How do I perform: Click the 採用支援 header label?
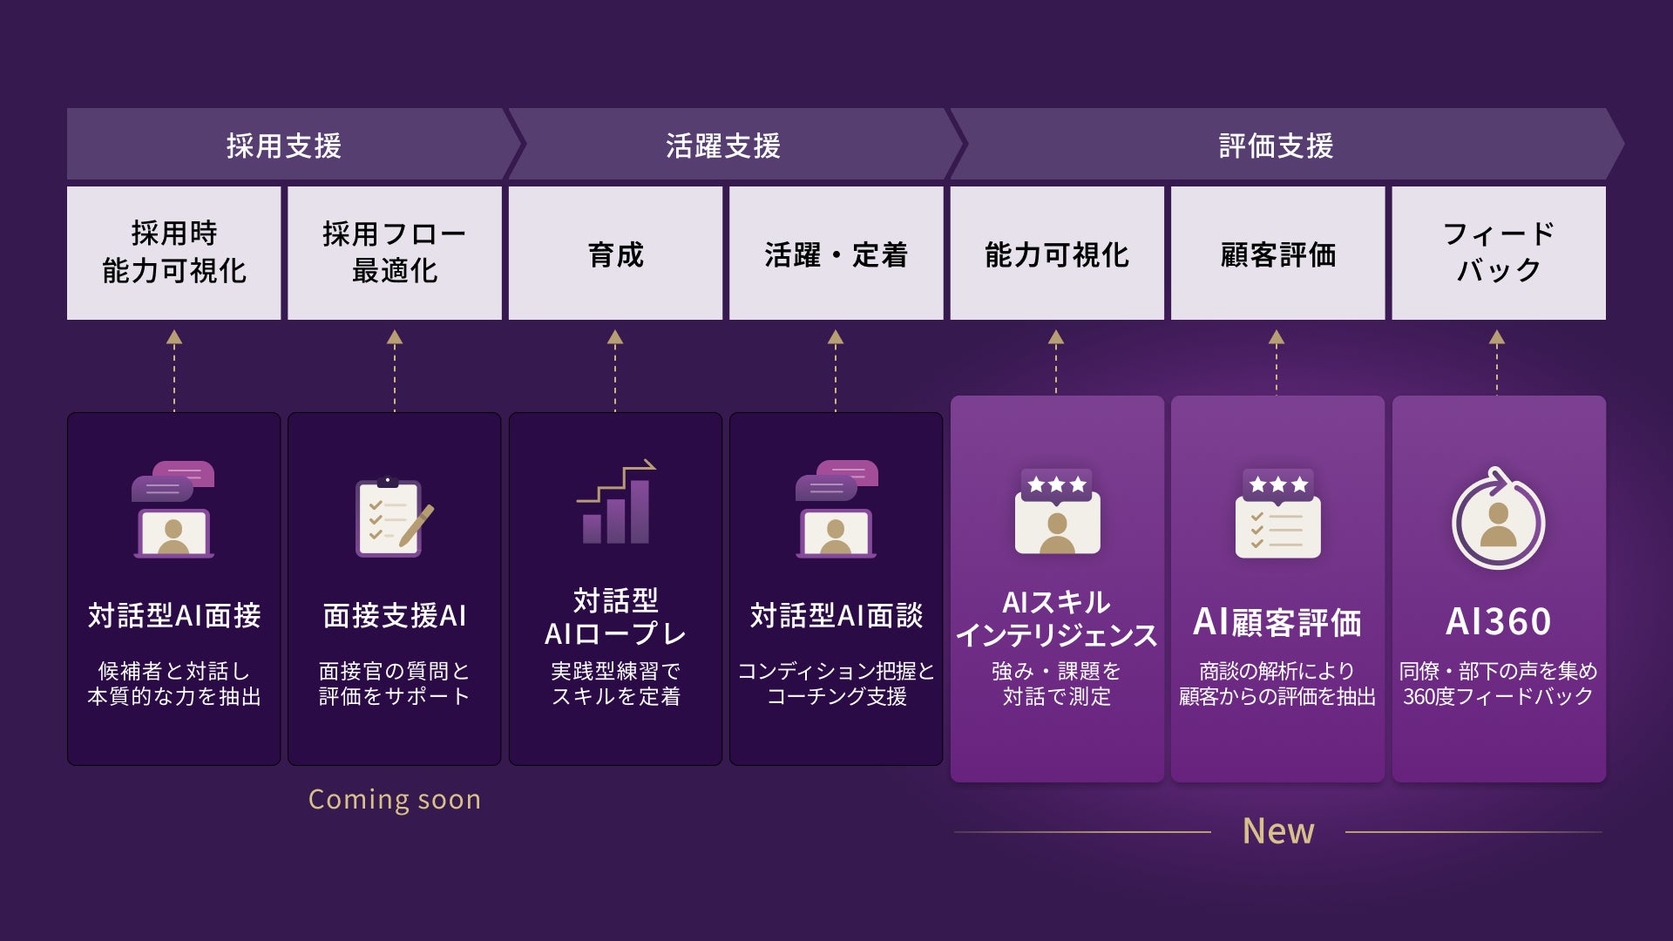(284, 146)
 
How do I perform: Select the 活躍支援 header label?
(723, 146)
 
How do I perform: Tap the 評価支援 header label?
(1277, 146)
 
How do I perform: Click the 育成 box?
(615, 253)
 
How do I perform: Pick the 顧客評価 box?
(1277, 253)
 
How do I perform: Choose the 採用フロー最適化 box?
(395, 253)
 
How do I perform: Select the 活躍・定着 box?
(836, 253)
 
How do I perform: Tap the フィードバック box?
(1499, 253)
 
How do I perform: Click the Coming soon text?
(395, 799)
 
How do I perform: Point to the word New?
(1278, 831)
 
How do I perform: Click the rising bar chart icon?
(616, 502)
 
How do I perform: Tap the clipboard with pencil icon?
(395, 518)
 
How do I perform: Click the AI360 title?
(1499, 622)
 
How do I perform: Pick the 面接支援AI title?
(395, 616)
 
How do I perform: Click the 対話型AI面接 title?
(174, 616)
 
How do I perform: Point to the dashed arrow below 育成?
(615, 370)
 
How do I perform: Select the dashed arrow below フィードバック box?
(1497, 362)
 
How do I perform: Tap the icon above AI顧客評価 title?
(1277, 513)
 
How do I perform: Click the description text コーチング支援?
(836, 696)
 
